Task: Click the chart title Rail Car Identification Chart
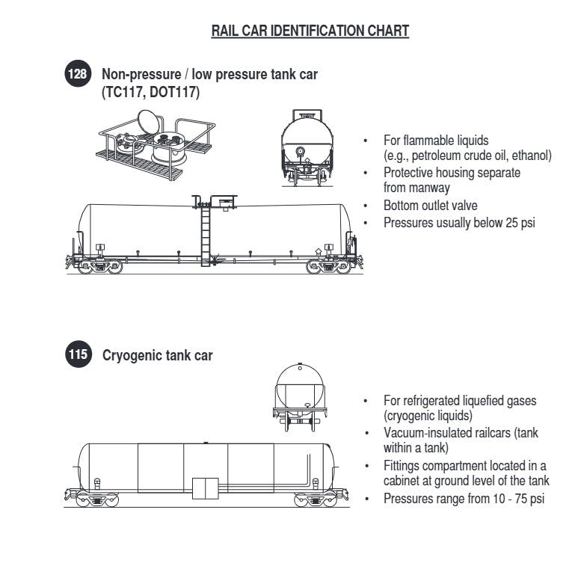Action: tap(310, 31)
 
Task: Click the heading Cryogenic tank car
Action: tap(157, 355)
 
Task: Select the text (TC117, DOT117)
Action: tap(150, 92)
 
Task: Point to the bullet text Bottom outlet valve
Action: tap(430, 206)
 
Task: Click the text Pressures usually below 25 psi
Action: tap(459, 222)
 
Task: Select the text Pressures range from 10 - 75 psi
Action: tap(464, 497)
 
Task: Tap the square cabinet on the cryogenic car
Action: tap(205, 488)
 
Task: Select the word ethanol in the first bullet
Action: tap(531, 156)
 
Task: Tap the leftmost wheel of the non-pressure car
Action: tap(85, 266)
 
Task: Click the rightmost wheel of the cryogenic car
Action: tap(322, 501)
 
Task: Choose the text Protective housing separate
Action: tap(452, 172)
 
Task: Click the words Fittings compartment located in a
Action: tap(464, 465)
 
